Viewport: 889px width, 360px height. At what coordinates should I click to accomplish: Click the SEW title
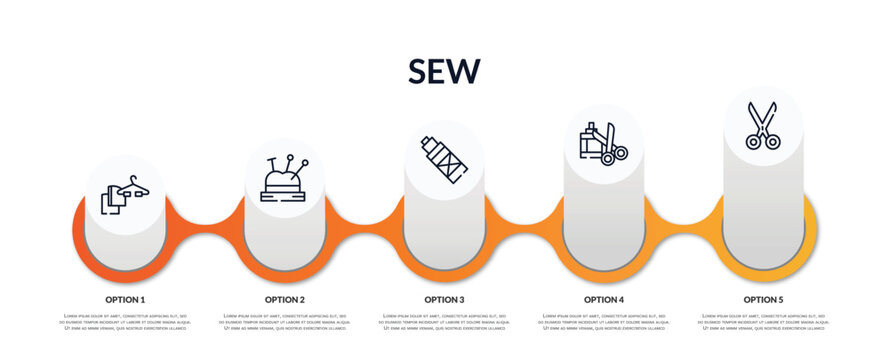tap(444, 71)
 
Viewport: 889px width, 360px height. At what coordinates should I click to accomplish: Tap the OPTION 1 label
tap(125, 299)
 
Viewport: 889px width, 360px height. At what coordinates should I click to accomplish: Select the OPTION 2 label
tap(285, 299)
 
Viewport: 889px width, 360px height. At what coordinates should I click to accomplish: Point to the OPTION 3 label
tap(444, 299)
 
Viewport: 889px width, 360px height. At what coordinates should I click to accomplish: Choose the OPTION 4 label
tap(604, 299)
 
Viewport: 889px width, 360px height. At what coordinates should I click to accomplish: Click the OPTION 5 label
tap(763, 299)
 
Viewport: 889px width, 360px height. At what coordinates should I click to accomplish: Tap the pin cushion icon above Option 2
tap(284, 179)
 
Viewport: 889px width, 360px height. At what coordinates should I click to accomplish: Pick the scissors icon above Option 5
tap(763, 126)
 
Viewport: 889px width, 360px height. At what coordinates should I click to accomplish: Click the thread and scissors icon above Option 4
tap(603, 143)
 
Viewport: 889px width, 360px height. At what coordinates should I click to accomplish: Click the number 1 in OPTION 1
tap(142, 299)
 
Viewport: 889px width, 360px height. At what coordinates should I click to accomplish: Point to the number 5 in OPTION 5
tap(781, 299)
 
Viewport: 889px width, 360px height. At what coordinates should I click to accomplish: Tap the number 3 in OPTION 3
tap(461, 299)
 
